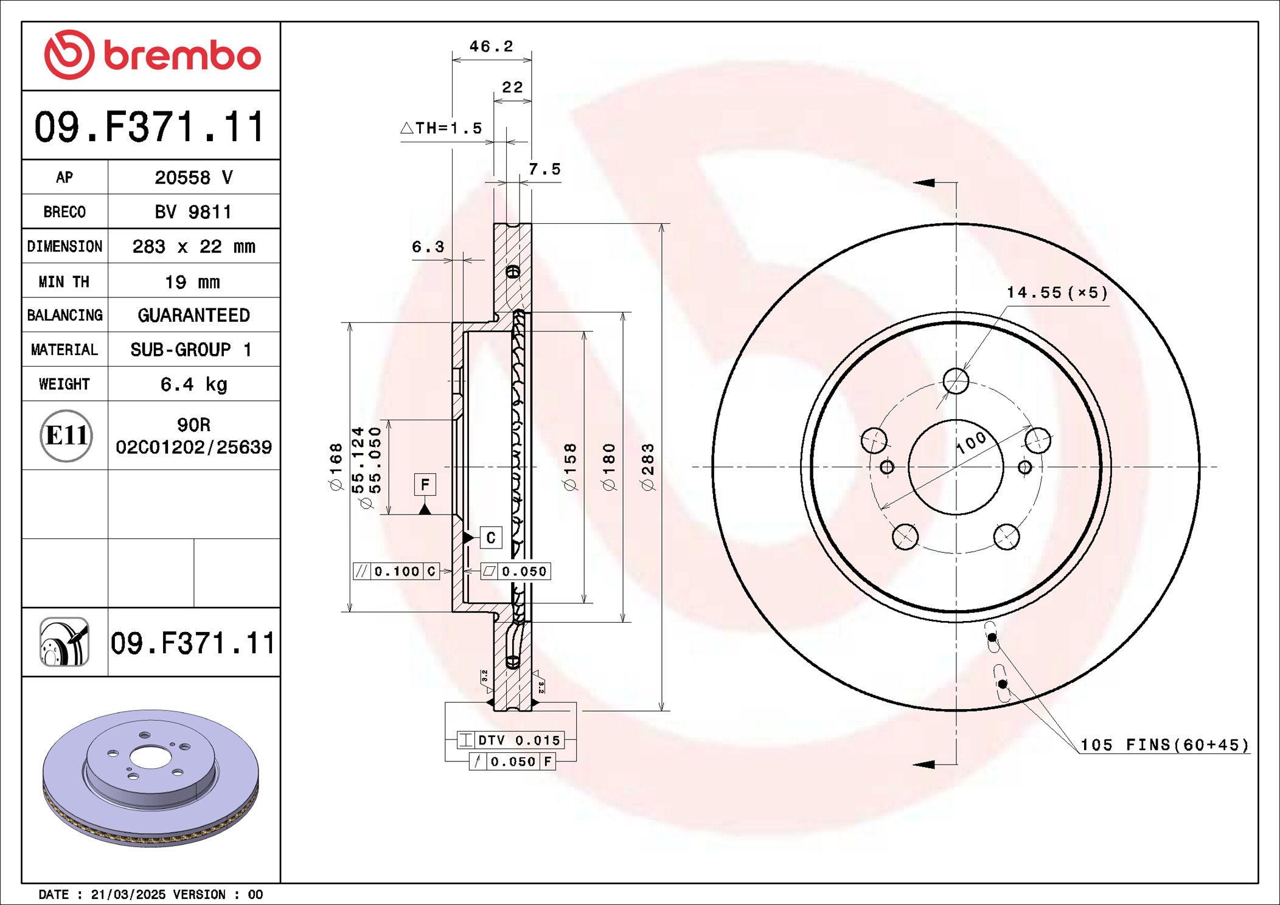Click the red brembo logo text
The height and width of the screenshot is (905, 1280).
(181, 56)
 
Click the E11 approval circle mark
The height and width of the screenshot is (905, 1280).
(66, 435)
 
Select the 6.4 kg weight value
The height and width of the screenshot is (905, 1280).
(193, 384)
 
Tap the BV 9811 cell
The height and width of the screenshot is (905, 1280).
(193, 212)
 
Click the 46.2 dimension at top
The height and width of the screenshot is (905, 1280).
(491, 46)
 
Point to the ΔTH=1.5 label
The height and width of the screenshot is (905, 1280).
(442, 128)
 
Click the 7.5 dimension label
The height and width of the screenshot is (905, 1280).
(544, 169)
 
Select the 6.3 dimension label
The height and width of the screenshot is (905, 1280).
(428, 247)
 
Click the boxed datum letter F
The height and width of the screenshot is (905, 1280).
(425, 485)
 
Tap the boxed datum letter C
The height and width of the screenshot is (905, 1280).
(490, 538)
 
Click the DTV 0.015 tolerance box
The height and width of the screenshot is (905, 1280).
(510, 740)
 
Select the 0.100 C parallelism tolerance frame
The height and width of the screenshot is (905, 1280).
(396, 572)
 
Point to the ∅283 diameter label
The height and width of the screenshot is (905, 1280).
(648, 467)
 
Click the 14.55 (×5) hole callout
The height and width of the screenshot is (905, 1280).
(1057, 293)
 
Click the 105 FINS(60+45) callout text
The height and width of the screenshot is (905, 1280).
(1164, 745)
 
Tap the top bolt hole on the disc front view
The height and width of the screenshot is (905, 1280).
(956, 381)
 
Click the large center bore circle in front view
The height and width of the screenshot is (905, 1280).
(955, 467)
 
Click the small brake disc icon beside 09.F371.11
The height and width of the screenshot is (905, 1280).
(64, 642)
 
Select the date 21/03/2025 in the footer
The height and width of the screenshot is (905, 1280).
(128, 895)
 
